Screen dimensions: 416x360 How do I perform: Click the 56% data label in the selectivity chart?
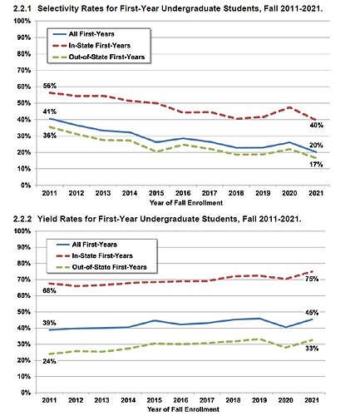coord(50,86)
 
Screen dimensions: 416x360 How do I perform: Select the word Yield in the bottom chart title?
coord(52,218)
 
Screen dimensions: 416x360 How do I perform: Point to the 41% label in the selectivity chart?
coord(49,111)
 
